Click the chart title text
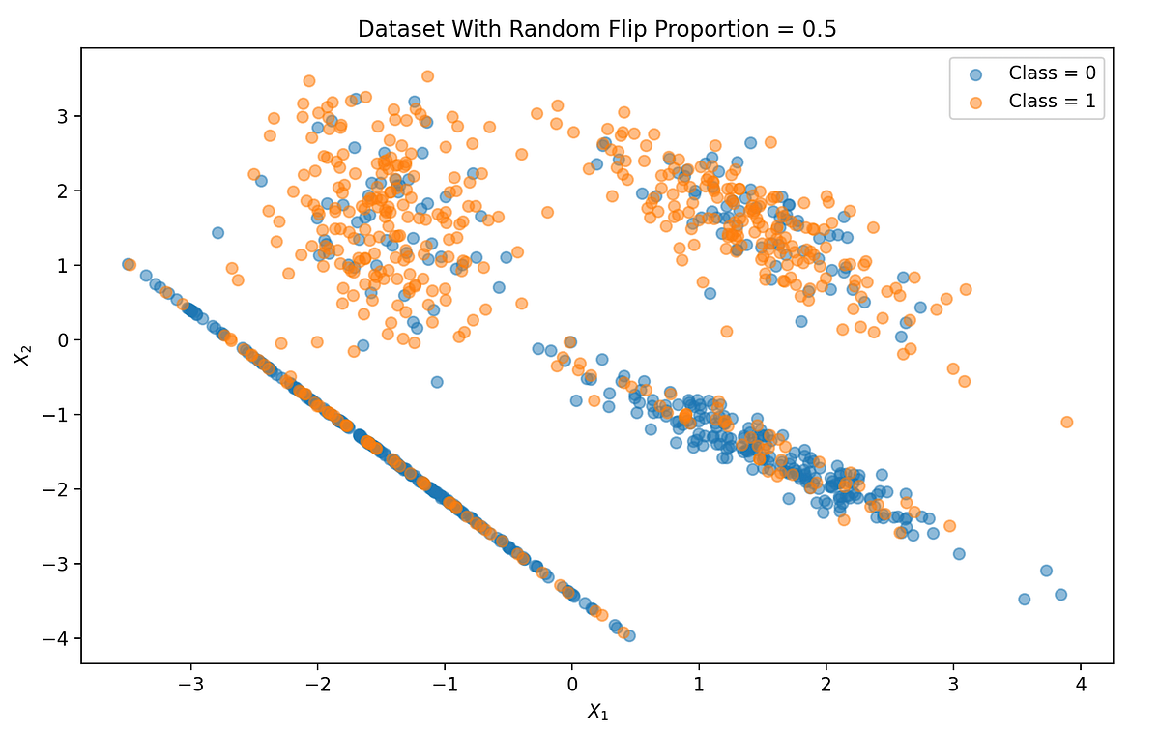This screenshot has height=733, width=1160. point(596,29)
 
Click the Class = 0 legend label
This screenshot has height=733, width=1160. point(1052,73)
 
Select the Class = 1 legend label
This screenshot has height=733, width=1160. point(1052,101)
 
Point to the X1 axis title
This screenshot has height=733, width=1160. point(596,713)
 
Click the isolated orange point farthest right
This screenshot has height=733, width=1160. point(1066,422)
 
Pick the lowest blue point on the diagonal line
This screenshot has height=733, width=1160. point(628,635)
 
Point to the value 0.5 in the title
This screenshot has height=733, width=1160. point(818,29)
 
